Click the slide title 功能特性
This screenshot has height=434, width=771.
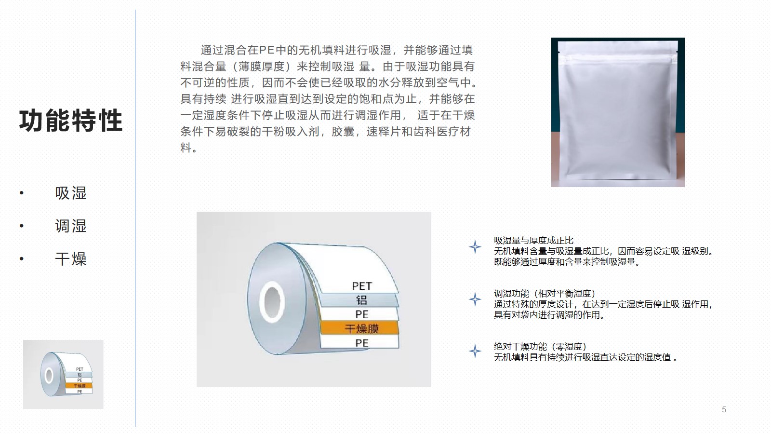71,121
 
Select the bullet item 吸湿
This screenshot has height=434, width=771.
71,193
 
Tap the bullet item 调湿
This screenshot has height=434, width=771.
71,226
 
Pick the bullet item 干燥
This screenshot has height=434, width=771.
71,258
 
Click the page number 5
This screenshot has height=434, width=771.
724,409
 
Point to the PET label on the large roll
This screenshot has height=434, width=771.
362,286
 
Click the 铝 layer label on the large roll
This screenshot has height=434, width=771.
361,300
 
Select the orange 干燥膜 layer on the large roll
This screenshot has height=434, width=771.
359,328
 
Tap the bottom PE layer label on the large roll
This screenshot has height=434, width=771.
362,343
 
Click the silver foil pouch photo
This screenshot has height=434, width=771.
618,112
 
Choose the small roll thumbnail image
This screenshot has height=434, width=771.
63,374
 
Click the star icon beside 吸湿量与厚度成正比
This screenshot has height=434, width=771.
475,247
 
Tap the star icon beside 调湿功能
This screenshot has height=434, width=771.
475,299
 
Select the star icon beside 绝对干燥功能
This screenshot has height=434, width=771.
475,352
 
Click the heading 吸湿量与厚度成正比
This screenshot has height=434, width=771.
533,241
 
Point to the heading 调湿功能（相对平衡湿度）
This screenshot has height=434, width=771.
545,294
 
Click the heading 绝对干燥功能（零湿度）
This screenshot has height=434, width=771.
540,347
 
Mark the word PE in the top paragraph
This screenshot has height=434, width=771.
266,50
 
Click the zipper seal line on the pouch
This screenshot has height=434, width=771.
618,59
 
